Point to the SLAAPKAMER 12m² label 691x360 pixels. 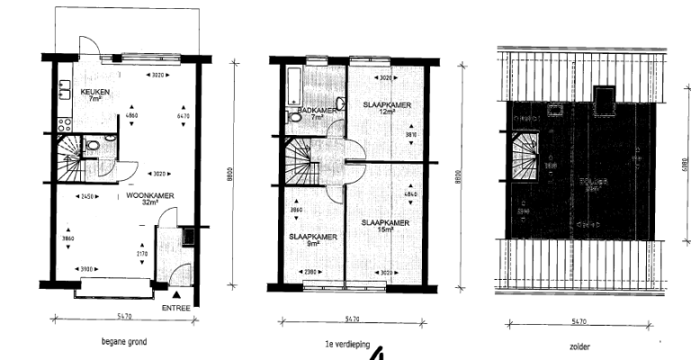click(387, 105)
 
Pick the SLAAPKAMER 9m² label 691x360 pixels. click(313, 238)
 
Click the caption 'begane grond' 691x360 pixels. click(124, 342)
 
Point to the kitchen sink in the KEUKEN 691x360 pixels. click(65, 89)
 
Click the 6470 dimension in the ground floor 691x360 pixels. click(183, 116)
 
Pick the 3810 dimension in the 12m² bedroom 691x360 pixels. click(411, 135)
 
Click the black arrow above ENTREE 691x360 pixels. click(177, 294)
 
